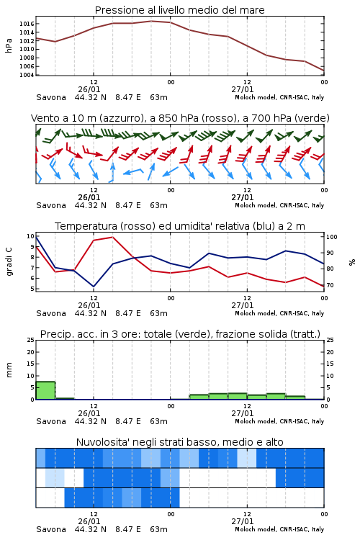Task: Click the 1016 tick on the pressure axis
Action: [x=27, y=24]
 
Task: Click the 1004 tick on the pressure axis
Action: [x=27, y=75]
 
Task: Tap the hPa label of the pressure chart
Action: [x=9, y=45]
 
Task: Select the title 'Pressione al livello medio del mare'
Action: [x=180, y=10]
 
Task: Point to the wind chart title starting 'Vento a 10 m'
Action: [x=180, y=118]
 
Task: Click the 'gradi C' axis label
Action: [x=9, y=261]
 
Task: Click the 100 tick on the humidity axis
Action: [x=332, y=237]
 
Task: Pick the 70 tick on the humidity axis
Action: [x=330, y=285]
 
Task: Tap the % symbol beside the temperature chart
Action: [x=352, y=262]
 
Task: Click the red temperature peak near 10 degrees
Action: [x=112, y=238]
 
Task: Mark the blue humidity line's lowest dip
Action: [x=94, y=287]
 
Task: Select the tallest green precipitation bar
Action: [x=45, y=390]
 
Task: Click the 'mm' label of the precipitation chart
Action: [x=9, y=370]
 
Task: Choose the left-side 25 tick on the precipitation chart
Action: [x=30, y=340]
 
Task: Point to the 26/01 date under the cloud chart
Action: [x=89, y=521]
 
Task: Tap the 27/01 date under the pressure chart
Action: [x=243, y=89]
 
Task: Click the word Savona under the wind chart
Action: [x=51, y=206]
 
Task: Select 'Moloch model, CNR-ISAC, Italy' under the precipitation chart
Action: [x=279, y=421]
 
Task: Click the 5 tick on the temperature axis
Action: [x=32, y=289]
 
